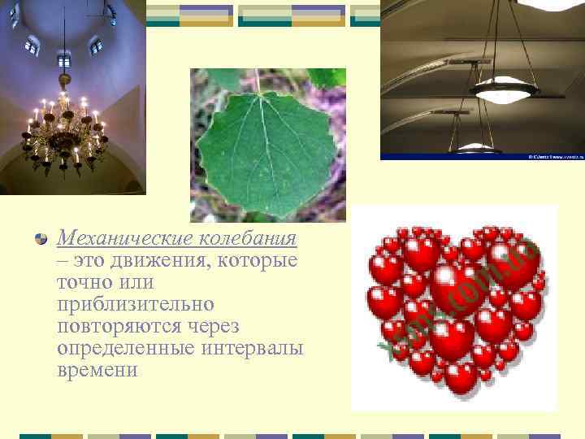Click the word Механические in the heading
pos(123,239)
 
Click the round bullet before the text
pos(40,238)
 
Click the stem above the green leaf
pos(258,80)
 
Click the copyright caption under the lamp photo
pos(556,156)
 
